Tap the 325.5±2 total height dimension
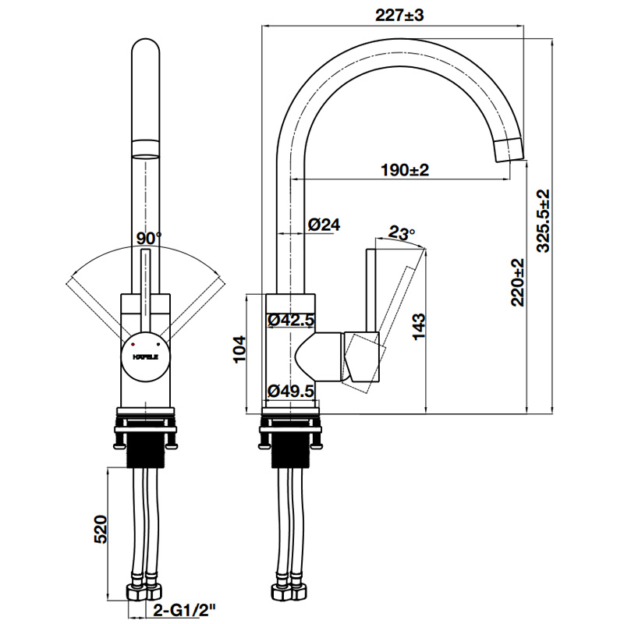pos(544,220)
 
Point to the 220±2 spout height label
pos(517,282)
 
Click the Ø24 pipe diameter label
pos(324,225)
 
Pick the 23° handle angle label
pos(402,232)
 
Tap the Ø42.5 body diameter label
pos(290,319)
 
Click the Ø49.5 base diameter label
pos(290,390)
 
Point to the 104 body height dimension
pos(240,350)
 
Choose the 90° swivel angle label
pos(147,237)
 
